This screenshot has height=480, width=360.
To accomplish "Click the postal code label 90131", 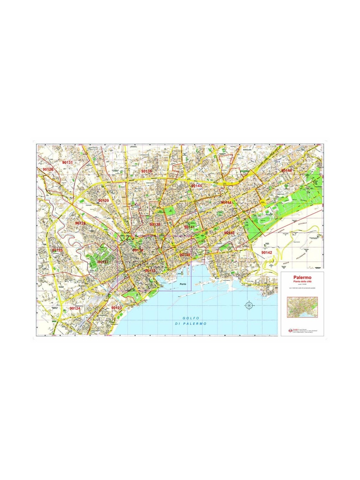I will pyautogui.click(x=67, y=162).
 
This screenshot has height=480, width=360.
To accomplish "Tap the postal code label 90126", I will pyautogui.click(x=48, y=169).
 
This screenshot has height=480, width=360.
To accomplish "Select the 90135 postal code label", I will pyautogui.click(x=146, y=171).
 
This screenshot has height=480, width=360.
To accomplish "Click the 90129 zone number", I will pyautogui.click(x=103, y=200).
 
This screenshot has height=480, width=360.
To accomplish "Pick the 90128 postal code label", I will pyautogui.click(x=80, y=223).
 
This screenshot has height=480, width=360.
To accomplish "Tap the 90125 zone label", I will pyautogui.click(x=57, y=250).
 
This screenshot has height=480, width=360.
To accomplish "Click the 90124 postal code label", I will pyautogui.click(x=75, y=308).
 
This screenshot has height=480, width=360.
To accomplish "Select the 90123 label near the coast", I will pyautogui.click(x=116, y=308).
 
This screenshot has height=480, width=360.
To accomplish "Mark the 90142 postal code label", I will pyautogui.click(x=266, y=253).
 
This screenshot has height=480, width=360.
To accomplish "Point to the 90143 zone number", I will pyautogui.click(x=229, y=233).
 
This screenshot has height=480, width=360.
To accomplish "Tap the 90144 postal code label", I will pyautogui.click(x=226, y=202).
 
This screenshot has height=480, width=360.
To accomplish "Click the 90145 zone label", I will pyautogui.click(x=196, y=186).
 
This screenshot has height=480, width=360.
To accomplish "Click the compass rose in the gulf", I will pyautogui.click(x=249, y=305).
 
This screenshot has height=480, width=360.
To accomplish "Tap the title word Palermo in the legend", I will pyautogui.click(x=302, y=277).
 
